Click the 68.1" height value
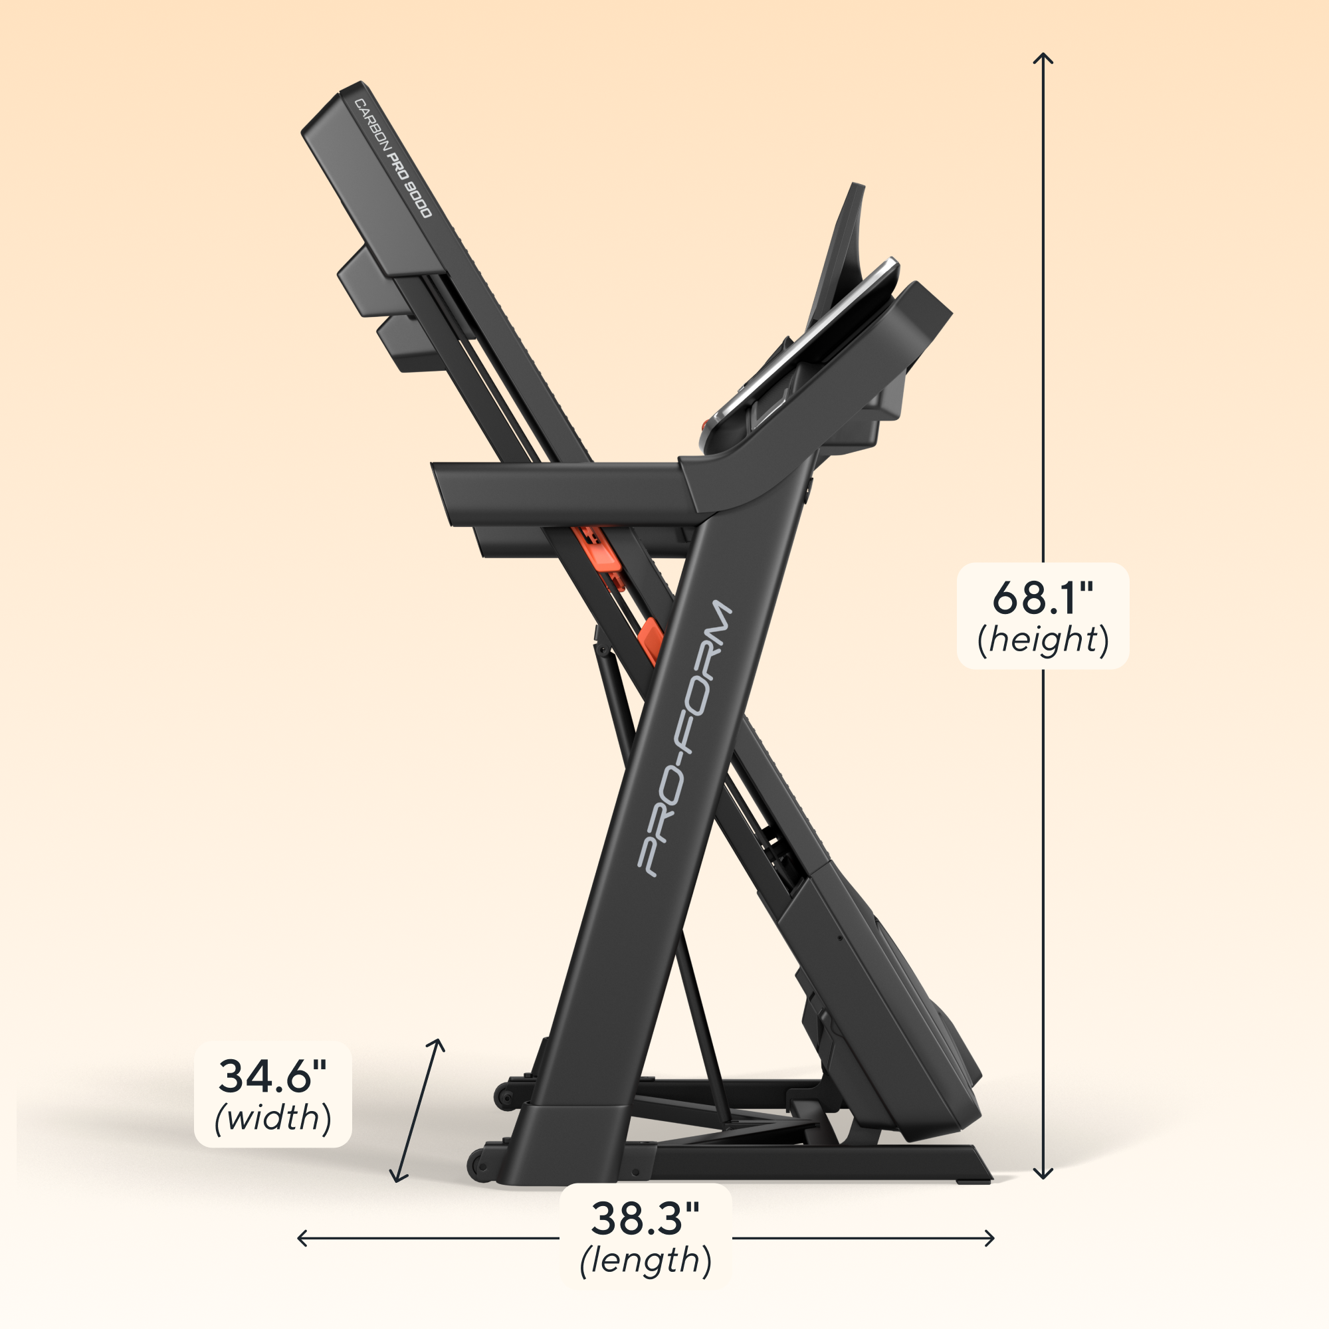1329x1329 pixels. pos(1042,597)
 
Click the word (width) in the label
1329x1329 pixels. pos(273,1118)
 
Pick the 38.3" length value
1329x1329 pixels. pos(645,1217)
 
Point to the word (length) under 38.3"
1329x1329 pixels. pos(645,1260)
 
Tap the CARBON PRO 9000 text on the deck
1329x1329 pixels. pos(393,158)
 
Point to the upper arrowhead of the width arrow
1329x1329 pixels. pos(438,1044)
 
